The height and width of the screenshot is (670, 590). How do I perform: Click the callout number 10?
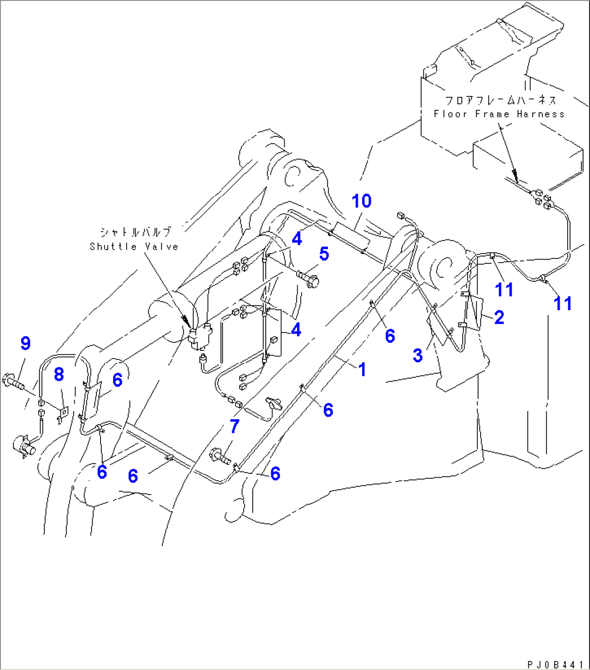(x=362, y=201)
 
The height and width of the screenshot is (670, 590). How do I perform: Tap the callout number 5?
(x=324, y=253)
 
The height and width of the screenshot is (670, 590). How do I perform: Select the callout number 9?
(x=25, y=343)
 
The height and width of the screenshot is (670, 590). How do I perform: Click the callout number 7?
(x=234, y=426)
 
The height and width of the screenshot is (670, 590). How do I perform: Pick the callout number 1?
(x=362, y=369)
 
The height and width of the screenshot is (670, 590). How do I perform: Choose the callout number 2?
(x=499, y=317)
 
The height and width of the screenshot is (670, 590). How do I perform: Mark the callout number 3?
(x=417, y=355)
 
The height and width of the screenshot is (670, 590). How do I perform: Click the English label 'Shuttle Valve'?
(x=134, y=247)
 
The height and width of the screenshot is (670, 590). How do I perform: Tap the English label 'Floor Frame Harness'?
(x=499, y=114)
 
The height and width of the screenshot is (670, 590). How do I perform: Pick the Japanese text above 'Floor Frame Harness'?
(x=500, y=100)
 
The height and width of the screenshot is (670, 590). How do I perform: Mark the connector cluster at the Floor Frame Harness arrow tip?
(x=541, y=198)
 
